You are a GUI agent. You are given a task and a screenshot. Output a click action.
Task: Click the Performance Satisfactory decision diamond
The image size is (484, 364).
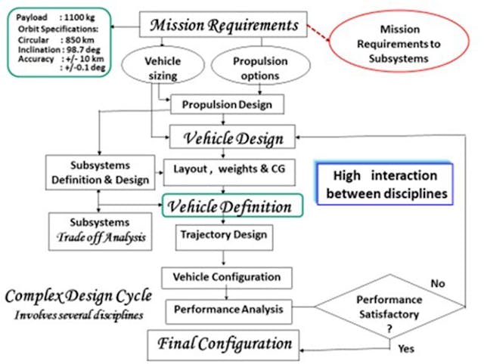[x=387, y=310]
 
